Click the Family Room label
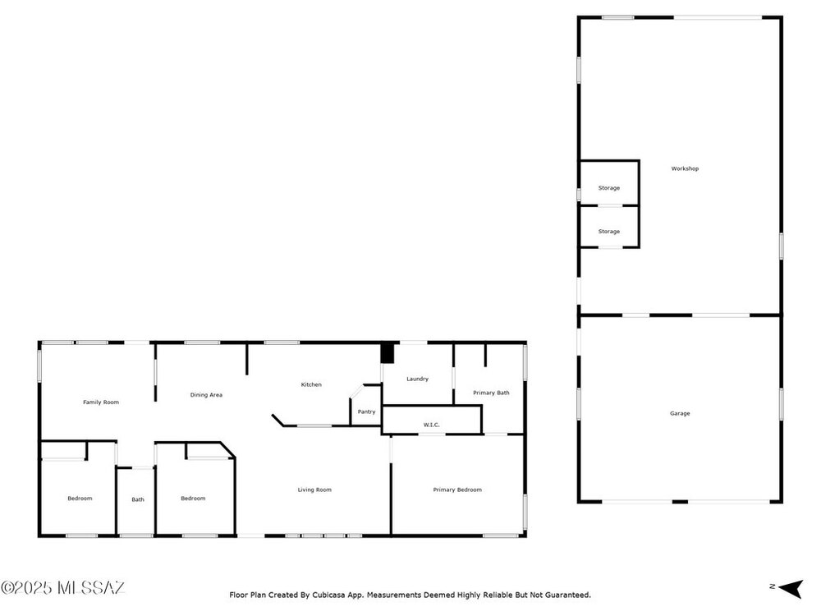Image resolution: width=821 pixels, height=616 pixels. (101, 402)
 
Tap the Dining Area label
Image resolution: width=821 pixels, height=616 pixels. (206, 395)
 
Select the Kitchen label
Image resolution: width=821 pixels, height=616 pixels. (311, 384)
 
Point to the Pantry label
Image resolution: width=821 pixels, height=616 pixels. (366, 411)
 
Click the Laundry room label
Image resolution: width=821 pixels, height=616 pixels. (417, 379)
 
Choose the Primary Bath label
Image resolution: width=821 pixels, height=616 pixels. (491, 393)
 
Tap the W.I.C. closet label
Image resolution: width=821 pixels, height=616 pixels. (432, 425)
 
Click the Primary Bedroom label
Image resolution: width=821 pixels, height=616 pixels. (457, 490)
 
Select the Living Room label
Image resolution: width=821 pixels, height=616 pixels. (314, 490)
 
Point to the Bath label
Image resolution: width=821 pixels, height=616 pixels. (138, 499)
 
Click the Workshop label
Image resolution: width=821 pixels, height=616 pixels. (685, 168)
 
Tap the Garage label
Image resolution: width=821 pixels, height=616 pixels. (680, 413)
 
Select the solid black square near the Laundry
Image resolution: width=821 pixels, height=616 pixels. (387, 352)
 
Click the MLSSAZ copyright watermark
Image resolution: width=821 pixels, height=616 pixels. (63, 588)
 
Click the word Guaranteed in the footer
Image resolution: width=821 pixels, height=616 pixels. (568, 595)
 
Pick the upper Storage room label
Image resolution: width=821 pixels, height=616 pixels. (609, 188)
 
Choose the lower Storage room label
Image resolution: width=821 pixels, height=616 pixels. (609, 232)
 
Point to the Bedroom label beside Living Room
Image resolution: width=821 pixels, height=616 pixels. (193, 499)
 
